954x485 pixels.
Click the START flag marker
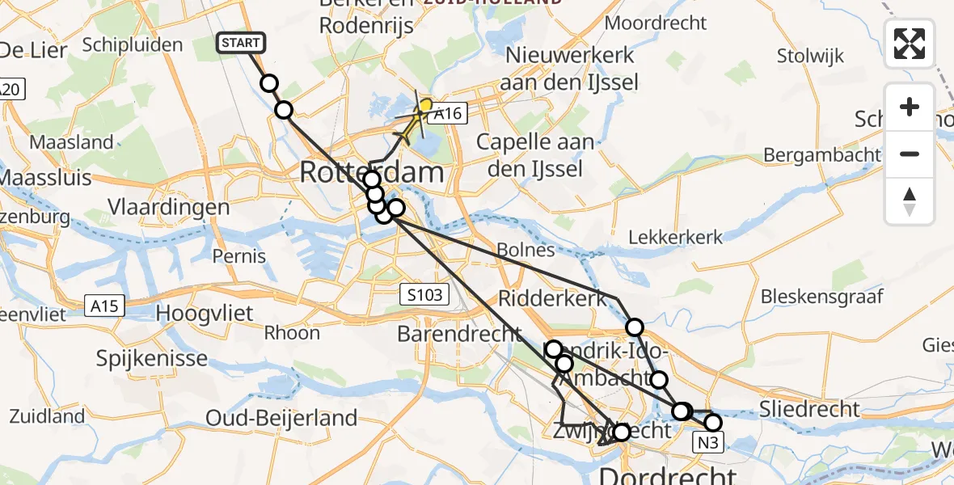pyautogui.click(x=240, y=43)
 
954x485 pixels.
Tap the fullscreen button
pyautogui.click(x=910, y=44)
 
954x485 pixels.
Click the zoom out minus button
pyautogui.click(x=910, y=154)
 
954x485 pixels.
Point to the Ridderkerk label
pyautogui.click(x=552, y=298)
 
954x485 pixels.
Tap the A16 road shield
pyautogui.click(x=447, y=114)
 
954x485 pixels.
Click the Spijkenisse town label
pyautogui.click(x=151, y=356)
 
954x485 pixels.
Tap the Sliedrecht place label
pyautogui.click(x=809, y=409)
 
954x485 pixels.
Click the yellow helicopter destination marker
pyautogui.click(x=424, y=106)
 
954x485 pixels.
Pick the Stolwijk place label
pyautogui.click(x=810, y=56)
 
